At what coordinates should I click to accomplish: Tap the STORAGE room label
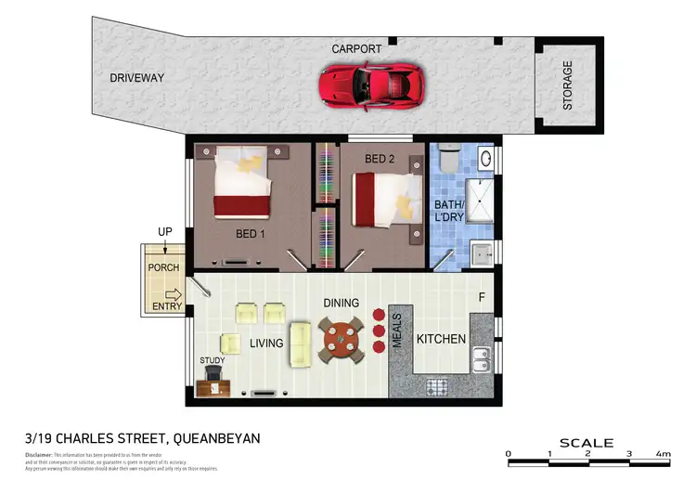(567, 85)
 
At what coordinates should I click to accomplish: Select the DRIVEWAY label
(135, 78)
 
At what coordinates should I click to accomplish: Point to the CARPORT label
(357, 47)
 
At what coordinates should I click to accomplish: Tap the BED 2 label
(380, 159)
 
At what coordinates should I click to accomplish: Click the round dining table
(341, 339)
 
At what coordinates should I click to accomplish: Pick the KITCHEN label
(440, 339)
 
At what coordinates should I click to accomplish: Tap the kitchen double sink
(481, 358)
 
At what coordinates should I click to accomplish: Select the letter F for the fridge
(481, 299)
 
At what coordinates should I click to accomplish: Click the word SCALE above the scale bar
(586, 443)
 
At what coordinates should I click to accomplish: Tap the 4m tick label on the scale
(663, 454)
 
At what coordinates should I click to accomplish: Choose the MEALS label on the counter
(396, 330)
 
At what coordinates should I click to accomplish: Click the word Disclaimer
(37, 455)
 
